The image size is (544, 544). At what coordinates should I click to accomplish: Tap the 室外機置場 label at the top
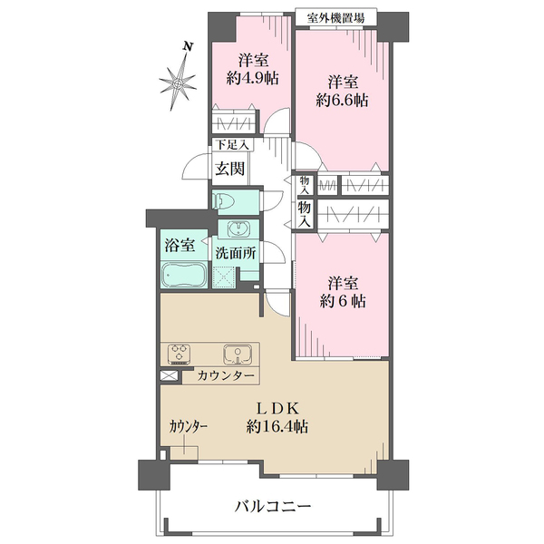pos(335,18)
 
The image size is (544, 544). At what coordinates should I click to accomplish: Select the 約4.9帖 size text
pos(253,79)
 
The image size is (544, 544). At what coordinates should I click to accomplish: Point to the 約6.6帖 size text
pos(342,101)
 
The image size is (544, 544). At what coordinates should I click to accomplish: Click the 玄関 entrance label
pos(230,169)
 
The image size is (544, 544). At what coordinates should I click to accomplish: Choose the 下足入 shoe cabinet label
pos(232,145)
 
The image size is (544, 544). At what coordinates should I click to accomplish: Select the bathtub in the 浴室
pos(184,275)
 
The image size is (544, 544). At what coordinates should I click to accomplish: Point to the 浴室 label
pos(180,246)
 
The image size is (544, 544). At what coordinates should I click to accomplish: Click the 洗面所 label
pos(236,253)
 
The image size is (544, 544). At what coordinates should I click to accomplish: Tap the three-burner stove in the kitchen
pos(180,353)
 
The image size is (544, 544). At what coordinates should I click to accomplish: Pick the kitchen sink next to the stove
pos(238,354)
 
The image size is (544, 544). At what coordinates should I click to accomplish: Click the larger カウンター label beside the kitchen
pos(226,375)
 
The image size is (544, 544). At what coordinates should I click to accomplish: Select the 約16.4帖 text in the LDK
pos(277,426)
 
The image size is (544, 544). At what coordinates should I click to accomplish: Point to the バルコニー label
pos(273,507)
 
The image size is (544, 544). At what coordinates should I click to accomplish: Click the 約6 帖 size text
pos(343,302)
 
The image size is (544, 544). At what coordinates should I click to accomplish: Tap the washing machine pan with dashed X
pos(224,277)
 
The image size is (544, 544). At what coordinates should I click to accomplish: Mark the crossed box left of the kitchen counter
pos(170,375)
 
